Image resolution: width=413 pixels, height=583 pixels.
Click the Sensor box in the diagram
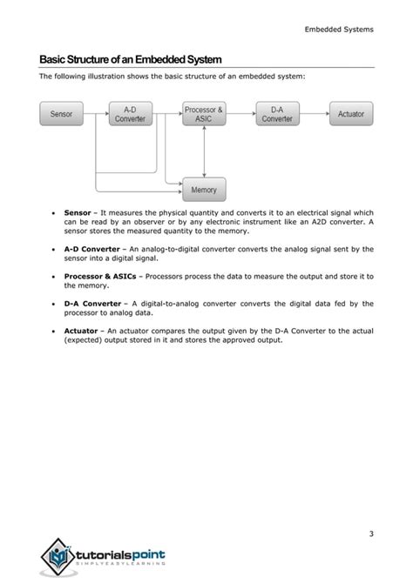(x=62, y=114)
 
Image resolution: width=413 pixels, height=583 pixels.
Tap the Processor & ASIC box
(x=203, y=114)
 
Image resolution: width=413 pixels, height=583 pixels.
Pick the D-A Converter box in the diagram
(x=277, y=114)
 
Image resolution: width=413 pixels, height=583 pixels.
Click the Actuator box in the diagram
(x=351, y=114)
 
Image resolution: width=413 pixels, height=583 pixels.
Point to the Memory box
(x=203, y=189)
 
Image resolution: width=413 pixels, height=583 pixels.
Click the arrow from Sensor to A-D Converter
(x=96, y=114)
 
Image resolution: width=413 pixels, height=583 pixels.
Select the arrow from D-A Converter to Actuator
(x=315, y=114)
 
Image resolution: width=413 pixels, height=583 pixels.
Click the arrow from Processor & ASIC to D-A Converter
(x=240, y=114)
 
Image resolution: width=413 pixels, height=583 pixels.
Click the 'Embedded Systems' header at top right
(x=339, y=30)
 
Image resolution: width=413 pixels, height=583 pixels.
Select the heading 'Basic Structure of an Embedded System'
(x=131, y=59)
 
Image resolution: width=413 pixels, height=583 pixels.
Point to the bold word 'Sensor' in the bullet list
(x=78, y=212)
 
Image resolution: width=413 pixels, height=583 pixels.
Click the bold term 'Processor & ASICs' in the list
(x=99, y=276)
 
